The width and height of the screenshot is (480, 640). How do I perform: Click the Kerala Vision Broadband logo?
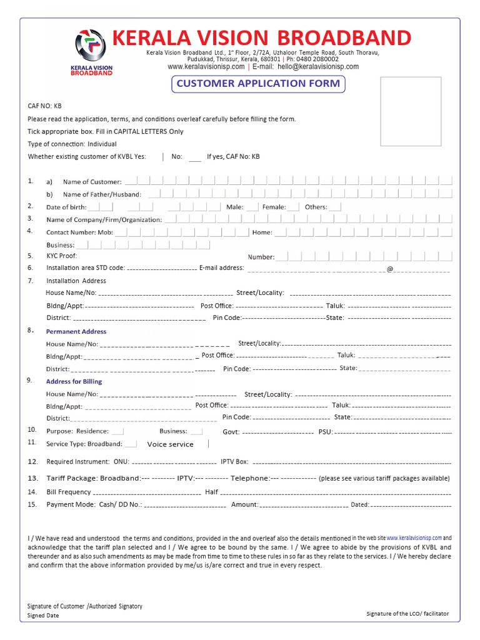(94, 52)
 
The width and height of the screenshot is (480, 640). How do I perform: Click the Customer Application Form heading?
(258, 84)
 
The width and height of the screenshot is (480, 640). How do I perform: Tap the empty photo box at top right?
(411, 111)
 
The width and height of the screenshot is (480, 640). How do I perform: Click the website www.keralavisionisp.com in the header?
(206, 67)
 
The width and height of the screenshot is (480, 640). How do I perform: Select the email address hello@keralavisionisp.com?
(318, 67)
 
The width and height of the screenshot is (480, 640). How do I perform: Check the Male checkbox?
(252, 207)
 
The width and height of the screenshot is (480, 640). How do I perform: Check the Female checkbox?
(294, 207)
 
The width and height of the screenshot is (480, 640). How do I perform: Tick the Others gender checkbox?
(335, 207)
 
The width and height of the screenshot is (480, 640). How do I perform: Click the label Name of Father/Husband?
(102, 195)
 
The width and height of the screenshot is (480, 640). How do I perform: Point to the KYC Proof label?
(62, 256)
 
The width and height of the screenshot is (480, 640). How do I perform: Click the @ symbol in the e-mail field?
(390, 269)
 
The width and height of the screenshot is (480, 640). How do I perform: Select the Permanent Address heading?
(76, 331)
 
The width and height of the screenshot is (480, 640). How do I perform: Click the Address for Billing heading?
(74, 381)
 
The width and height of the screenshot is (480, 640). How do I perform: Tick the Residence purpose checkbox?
(117, 431)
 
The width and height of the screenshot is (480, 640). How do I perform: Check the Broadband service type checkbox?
(131, 444)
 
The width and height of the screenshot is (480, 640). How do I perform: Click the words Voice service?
(170, 444)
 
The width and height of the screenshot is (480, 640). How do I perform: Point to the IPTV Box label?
(234, 462)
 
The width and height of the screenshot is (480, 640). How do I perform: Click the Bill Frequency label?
(69, 492)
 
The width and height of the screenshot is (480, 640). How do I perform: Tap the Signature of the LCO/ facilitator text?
(407, 614)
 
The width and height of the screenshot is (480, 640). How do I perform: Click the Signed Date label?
(44, 616)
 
